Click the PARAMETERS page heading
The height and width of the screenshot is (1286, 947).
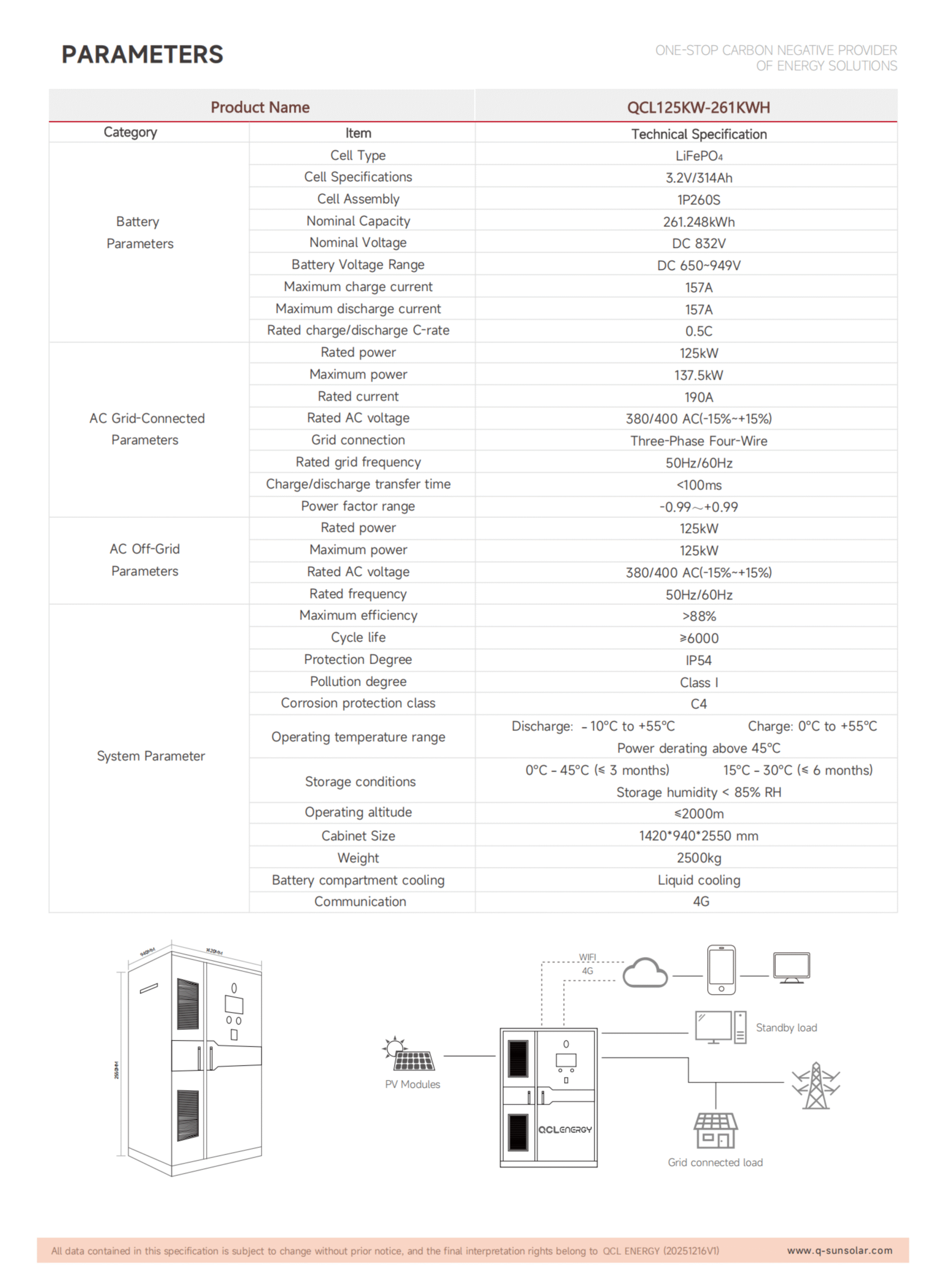coord(142,54)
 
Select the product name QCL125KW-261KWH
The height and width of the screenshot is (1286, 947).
coord(698,108)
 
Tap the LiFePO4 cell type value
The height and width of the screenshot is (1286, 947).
coord(699,156)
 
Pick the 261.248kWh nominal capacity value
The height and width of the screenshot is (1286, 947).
coord(699,222)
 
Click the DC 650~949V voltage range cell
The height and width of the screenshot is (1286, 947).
coord(699,265)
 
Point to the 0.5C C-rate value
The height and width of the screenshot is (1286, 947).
coord(699,332)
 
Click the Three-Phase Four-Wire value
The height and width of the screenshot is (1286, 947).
coord(699,441)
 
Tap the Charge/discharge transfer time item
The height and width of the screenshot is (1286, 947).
coord(359,484)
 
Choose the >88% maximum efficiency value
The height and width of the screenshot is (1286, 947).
coord(699,616)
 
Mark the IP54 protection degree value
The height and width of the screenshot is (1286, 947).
coord(699,661)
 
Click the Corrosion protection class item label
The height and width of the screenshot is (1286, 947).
coord(359,703)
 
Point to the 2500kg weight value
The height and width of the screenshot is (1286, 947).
coord(699,859)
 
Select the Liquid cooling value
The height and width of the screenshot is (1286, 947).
coord(699,880)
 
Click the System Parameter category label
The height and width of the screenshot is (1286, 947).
coord(151,756)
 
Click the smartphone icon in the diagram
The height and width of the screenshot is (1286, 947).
coord(722,970)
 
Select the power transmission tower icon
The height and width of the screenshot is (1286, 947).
coord(816,1086)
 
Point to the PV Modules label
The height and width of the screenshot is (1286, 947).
coord(413,1084)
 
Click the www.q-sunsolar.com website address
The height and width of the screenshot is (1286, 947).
coord(839,1250)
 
